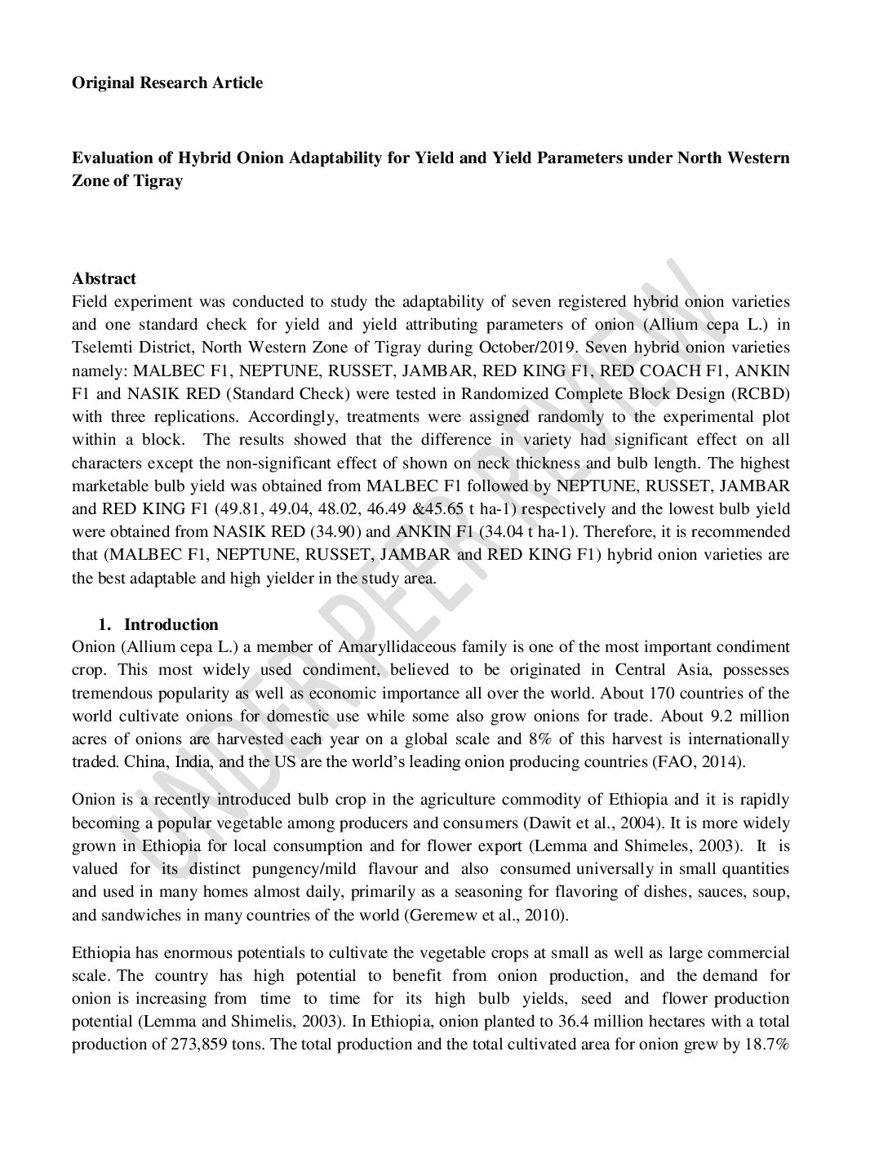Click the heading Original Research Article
(167, 82)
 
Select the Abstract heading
(104, 279)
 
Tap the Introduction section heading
(171, 624)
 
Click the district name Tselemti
(101, 348)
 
